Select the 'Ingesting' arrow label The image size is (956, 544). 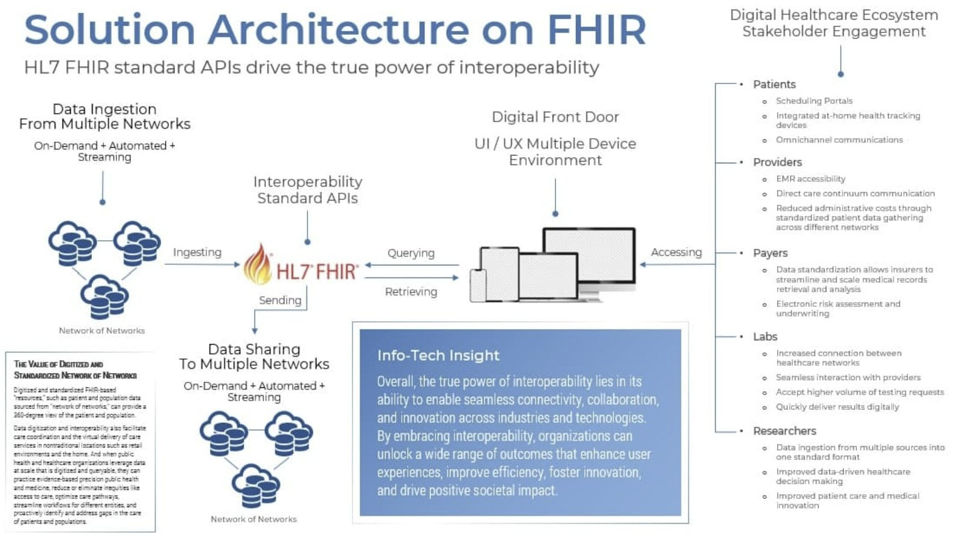pos(197,252)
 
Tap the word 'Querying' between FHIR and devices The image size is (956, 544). pos(411,253)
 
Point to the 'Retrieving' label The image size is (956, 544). pos(411,292)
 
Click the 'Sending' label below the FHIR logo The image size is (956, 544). pos(280,300)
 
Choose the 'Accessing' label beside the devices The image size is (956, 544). pos(676,252)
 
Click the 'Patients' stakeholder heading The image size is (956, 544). pos(774,85)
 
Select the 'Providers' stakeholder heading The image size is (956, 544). pos(777,162)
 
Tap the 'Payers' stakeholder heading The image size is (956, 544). pos(770,253)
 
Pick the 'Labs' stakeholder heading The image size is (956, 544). pos(765,337)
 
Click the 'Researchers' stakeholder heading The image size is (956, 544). pos(784,431)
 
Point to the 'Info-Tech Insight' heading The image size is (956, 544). pos(438,355)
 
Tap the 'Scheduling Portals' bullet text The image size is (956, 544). pos(814,101)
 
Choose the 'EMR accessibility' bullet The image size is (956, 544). pos(810,179)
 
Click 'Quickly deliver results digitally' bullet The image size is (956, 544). pos(837,407)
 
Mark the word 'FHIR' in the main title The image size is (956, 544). pos(596,29)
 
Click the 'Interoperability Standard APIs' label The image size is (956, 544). pos(307,190)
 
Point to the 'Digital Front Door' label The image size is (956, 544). pos(555,117)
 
